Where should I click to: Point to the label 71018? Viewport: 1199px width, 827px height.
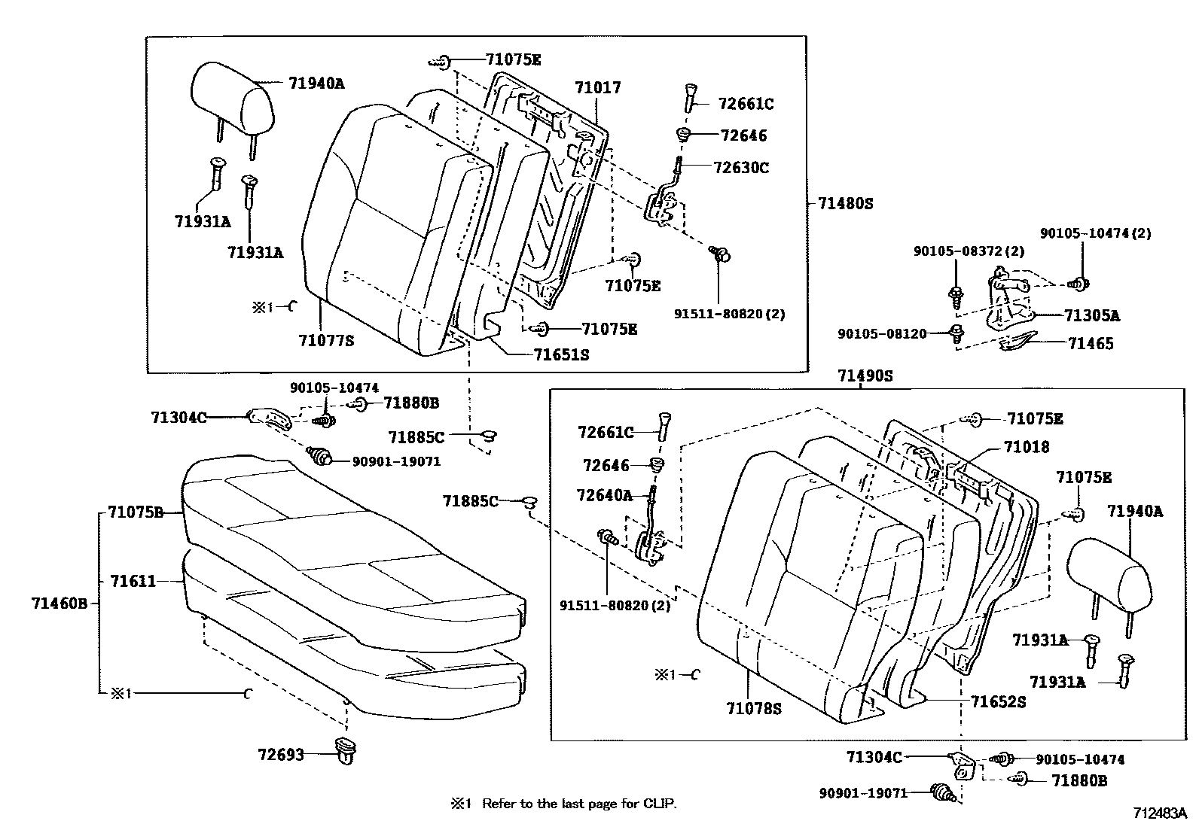[x=1026, y=447]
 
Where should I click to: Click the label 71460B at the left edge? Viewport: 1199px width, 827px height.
[x=59, y=603]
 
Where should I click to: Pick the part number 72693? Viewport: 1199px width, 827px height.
[x=280, y=753]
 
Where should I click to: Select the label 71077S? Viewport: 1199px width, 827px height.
[x=325, y=340]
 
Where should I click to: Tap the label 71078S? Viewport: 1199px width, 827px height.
[x=754, y=708]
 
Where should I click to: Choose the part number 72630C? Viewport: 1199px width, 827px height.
[x=741, y=168]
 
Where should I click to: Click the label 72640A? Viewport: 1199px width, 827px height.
[x=604, y=494]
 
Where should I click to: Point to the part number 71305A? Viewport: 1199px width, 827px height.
[x=1091, y=316]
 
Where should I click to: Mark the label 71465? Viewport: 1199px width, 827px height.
[x=1090, y=343]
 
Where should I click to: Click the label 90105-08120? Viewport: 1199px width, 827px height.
[x=882, y=333]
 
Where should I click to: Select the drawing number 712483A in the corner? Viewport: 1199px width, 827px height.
[x=1161, y=813]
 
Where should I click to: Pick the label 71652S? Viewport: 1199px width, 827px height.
[x=998, y=701]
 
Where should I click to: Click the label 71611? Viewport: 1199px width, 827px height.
[x=133, y=581]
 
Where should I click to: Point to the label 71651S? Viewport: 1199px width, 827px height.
[x=561, y=354]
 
